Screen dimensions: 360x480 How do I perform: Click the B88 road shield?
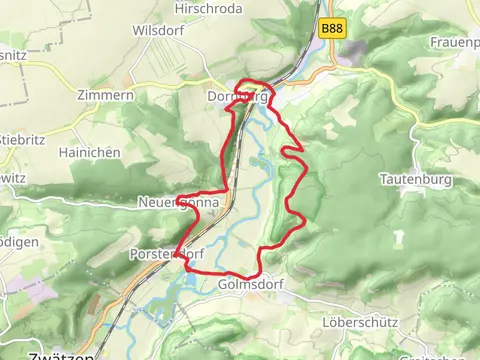(333, 30)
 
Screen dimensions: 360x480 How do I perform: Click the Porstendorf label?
(166, 255)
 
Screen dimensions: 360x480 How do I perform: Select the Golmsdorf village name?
(250, 284)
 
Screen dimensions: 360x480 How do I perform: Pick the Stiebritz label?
(23, 138)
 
